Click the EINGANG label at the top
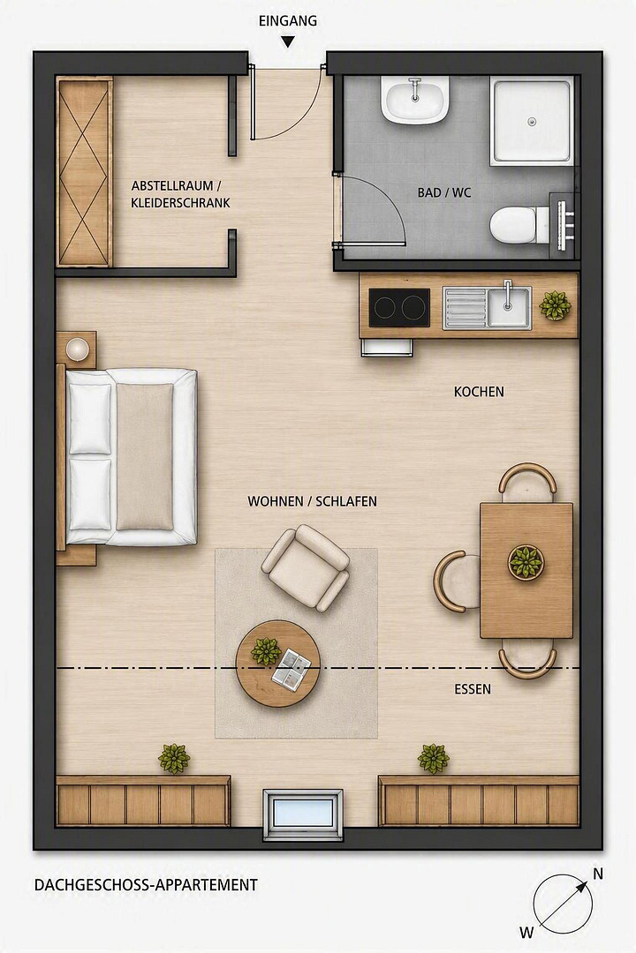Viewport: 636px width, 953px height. (288, 20)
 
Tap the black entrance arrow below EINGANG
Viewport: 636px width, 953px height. (288, 42)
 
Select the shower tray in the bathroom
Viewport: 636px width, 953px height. (532, 121)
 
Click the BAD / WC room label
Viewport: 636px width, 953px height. (444, 192)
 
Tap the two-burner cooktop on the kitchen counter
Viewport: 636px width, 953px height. (399, 308)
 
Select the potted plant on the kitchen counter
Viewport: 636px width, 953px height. (555, 305)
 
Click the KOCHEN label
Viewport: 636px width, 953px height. (479, 392)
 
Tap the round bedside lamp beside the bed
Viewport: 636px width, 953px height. (78, 349)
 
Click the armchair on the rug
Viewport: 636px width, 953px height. (306, 567)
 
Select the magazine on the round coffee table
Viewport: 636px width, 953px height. (291, 668)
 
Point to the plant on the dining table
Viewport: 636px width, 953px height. (526, 561)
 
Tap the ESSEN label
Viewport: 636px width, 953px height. (473, 689)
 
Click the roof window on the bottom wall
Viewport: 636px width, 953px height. (303, 814)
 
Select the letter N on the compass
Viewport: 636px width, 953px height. (598, 874)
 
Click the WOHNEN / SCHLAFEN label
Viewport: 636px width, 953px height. (312, 501)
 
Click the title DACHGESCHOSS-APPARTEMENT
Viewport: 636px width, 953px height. (146, 885)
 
